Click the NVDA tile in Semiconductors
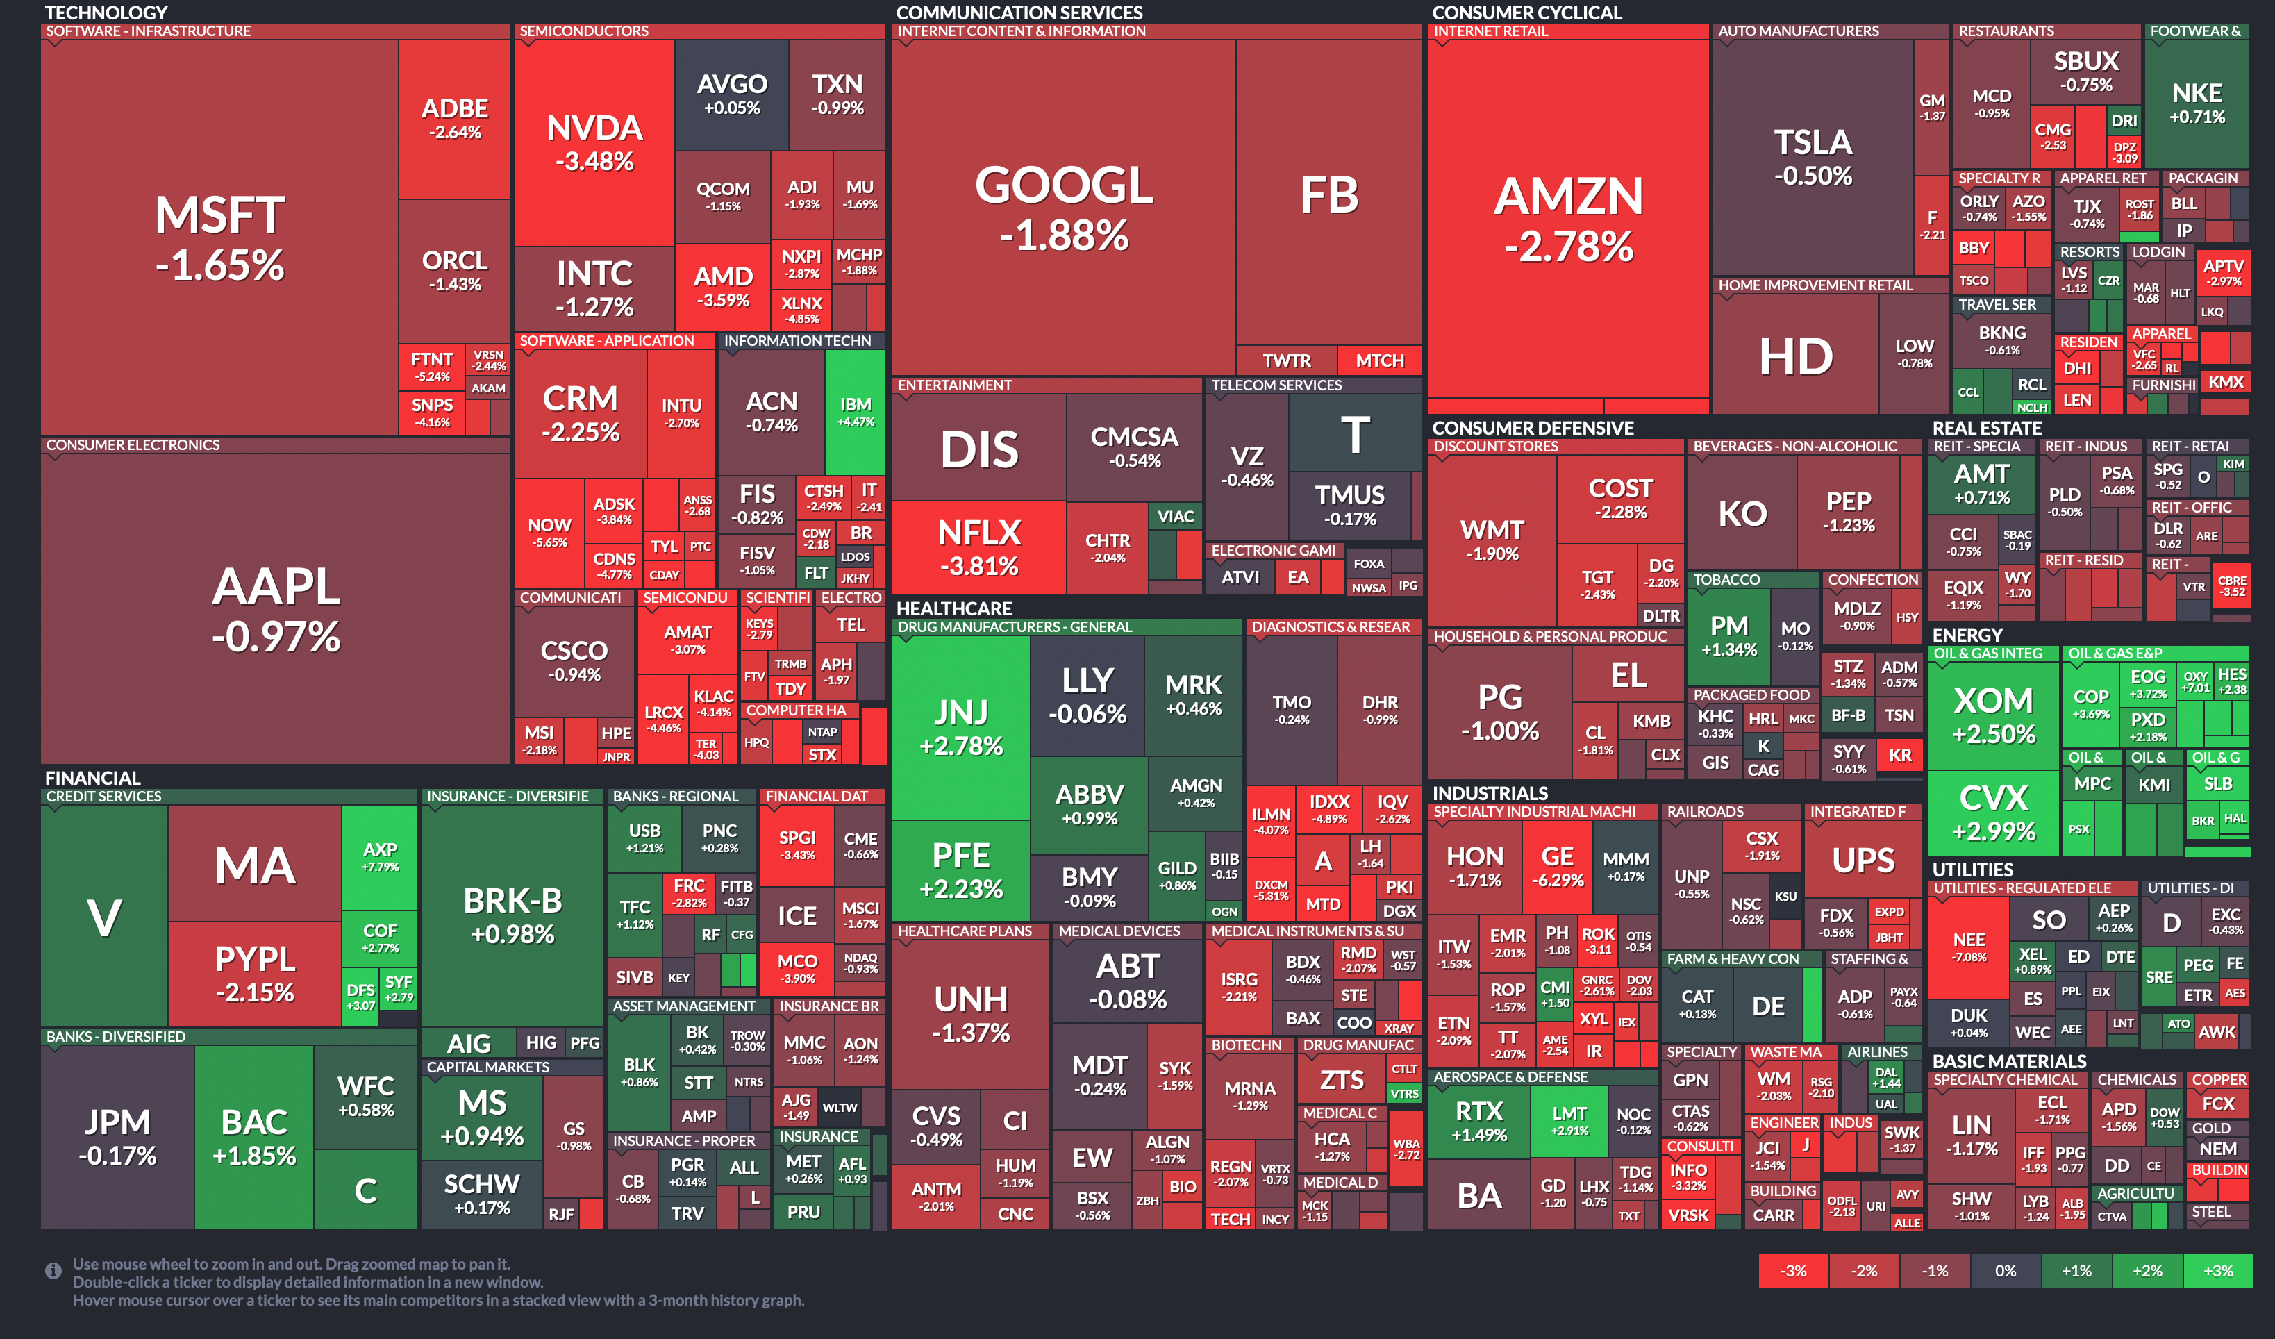[x=594, y=142]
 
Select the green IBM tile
[x=855, y=411]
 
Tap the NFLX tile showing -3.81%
[x=978, y=547]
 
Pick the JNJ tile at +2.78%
[x=960, y=727]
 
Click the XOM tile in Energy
[x=1993, y=715]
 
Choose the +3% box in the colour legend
[x=2217, y=1270]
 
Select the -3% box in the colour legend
[x=1793, y=1270]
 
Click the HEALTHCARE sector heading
[x=953, y=608]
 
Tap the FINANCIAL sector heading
[x=93, y=777]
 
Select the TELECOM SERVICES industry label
[x=1276, y=385]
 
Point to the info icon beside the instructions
[x=53, y=1270]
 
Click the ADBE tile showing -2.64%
[x=454, y=118]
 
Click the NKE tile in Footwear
[x=2196, y=103]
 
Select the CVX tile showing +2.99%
[x=1993, y=812]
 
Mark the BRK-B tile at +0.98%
[x=512, y=914]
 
